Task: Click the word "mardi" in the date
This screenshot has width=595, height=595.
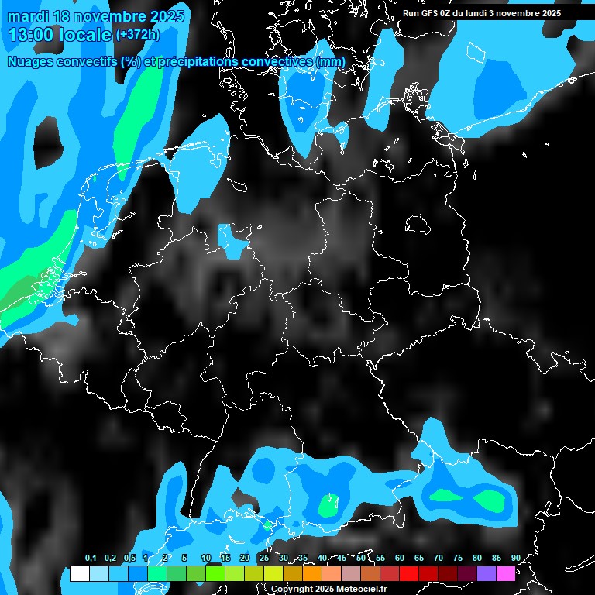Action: click(x=29, y=15)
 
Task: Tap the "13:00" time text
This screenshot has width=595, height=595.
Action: click(x=33, y=34)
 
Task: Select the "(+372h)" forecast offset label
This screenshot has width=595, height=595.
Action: click(x=139, y=34)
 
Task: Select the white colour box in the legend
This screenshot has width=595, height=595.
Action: click(x=79, y=573)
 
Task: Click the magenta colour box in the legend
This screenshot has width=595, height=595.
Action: click(x=506, y=573)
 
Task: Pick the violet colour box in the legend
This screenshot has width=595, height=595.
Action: click(x=487, y=573)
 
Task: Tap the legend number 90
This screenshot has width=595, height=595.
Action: click(x=516, y=558)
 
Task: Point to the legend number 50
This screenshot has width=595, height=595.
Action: click(x=361, y=558)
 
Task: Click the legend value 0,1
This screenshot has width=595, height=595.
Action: click(x=91, y=558)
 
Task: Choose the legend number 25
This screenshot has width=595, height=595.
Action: click(x=264, y=558)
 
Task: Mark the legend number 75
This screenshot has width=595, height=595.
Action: click(x=458, y=558)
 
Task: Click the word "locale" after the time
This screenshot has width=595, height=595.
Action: click(x=88, y=34)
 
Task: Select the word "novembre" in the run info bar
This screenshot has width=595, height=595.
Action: click(x=525, y=13)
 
